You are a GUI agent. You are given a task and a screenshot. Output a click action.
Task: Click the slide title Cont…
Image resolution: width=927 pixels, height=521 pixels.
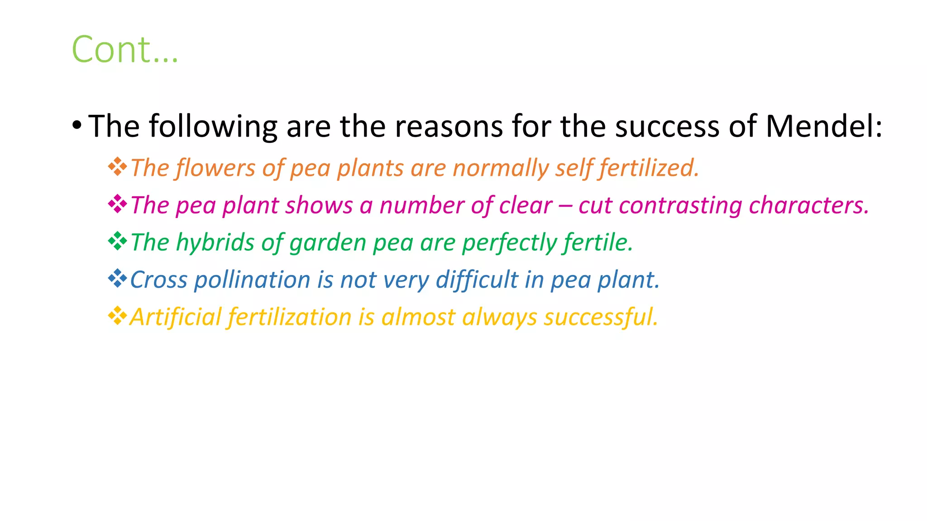[x=125, y=49]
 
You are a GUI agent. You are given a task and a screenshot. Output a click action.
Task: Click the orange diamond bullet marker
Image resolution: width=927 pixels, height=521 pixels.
[x=117, y=166]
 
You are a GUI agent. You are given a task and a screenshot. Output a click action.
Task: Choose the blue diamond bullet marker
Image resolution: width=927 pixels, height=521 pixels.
[x=117, y=278]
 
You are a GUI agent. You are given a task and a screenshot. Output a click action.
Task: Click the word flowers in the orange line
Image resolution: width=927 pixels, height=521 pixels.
[x=215, y=168]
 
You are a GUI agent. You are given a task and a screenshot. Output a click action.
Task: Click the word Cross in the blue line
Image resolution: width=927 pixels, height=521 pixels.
[x=158, y=280]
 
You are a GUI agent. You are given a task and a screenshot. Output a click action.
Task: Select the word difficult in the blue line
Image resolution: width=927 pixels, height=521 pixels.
[x=477, y=280]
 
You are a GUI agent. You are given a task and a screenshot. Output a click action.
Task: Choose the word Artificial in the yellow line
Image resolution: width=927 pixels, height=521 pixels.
[x=172, y=317]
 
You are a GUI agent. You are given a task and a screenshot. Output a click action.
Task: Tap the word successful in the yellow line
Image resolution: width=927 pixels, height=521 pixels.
[x=601, y=317]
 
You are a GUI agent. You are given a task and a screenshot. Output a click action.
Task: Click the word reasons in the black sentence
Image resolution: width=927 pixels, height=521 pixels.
[x=449, y=126]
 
